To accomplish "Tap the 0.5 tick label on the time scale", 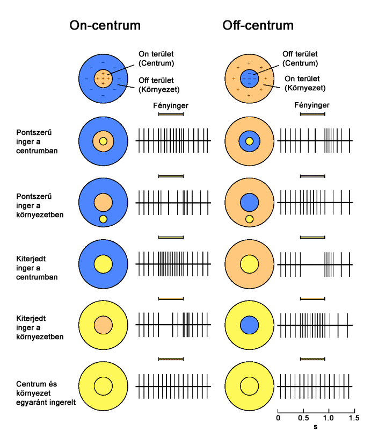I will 303,417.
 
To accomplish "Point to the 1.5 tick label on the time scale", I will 353,417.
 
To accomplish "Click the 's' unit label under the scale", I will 316,427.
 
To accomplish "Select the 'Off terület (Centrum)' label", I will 303,59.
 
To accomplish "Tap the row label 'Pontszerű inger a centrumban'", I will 38,141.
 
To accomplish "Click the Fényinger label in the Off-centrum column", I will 312,106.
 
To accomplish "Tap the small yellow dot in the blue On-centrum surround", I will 103,219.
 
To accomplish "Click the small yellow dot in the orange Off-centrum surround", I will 249,219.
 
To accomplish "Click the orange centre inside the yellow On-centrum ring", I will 103,325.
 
